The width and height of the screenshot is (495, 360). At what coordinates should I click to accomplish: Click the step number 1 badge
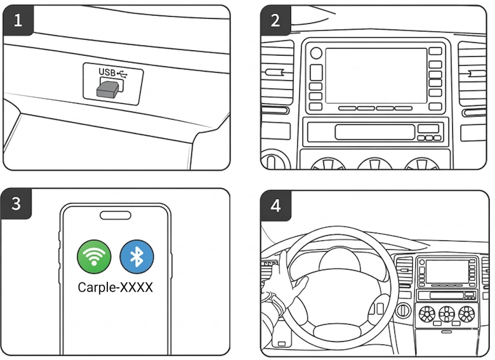[17, 21]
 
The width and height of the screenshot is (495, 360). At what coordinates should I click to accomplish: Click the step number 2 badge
[275, 21]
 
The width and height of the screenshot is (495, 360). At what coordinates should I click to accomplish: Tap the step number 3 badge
[16, 204]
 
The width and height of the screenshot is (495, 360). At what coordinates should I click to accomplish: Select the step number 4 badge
[275, 206]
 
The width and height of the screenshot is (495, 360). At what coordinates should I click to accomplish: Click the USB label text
[107, 73]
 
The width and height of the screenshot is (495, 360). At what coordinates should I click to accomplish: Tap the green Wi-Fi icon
[94, 257]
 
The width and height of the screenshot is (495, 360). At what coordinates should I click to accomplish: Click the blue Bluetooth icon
[137, 257]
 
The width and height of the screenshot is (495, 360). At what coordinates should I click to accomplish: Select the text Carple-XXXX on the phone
[115, 287]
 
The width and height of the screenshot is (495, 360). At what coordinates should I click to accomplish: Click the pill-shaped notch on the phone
[115, 216]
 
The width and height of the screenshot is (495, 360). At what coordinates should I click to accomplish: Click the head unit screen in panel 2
[376, 75]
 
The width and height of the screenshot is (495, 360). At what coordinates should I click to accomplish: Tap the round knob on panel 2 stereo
[316, 53]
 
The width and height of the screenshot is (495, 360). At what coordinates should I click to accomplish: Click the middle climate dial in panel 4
[447, 314]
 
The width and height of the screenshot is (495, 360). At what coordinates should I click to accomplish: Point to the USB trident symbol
[124, 73]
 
